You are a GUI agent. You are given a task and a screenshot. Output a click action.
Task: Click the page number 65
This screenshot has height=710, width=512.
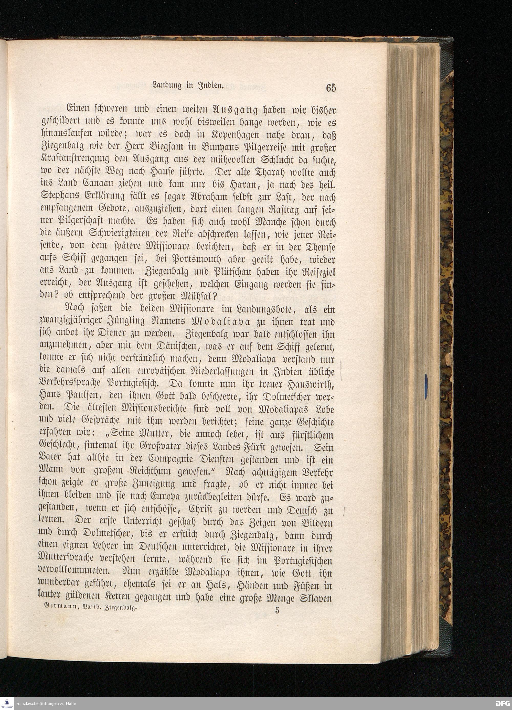pyautogui.click(x=331, y=88)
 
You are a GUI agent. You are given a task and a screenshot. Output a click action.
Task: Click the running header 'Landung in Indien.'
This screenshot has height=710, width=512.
pyautogui.click(x=187, y=85)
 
